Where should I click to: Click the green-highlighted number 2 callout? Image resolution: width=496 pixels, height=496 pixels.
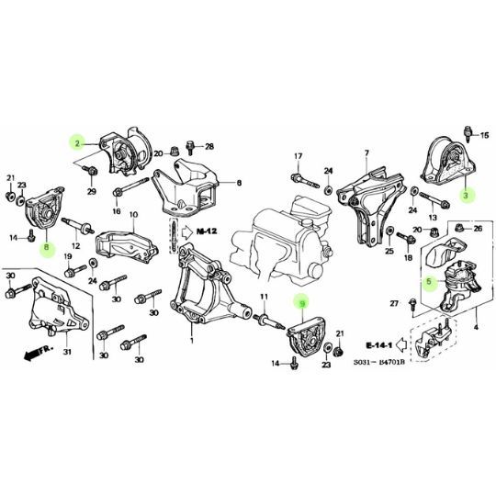pos(78,142)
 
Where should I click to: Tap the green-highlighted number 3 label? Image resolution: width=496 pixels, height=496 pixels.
pos(466,195)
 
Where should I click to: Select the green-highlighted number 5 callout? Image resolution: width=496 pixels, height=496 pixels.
pos(427,282)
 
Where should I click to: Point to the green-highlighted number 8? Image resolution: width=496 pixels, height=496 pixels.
pos(46,247)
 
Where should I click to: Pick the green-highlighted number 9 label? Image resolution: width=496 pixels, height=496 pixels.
pos(298,302)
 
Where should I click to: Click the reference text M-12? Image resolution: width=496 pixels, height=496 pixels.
pos(204,234)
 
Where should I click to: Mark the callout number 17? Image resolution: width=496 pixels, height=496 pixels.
pos(298,155)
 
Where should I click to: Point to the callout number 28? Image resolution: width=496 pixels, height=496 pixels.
pos(209,147)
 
